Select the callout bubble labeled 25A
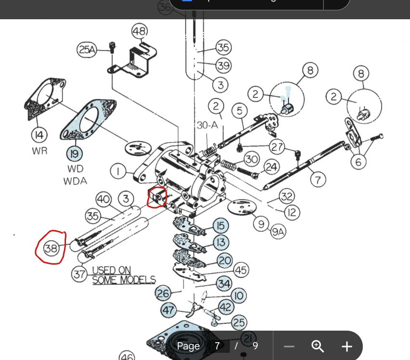pos(87,49)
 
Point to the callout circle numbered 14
pos(40,134)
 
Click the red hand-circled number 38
pos(51,248)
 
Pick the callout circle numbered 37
pos(79,274)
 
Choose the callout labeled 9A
pos(278,232)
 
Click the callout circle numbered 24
pos(272,167)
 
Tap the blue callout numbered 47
pos(168,310)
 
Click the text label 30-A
pos(208,125)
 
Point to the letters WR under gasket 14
pos(40,151)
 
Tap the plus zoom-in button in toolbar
pos(346,346)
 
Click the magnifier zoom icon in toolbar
pos(317,346)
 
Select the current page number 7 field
pos(218,346)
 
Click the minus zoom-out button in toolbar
pos(289,346)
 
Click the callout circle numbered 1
pos(117,171)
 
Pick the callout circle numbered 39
pos(224,65)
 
